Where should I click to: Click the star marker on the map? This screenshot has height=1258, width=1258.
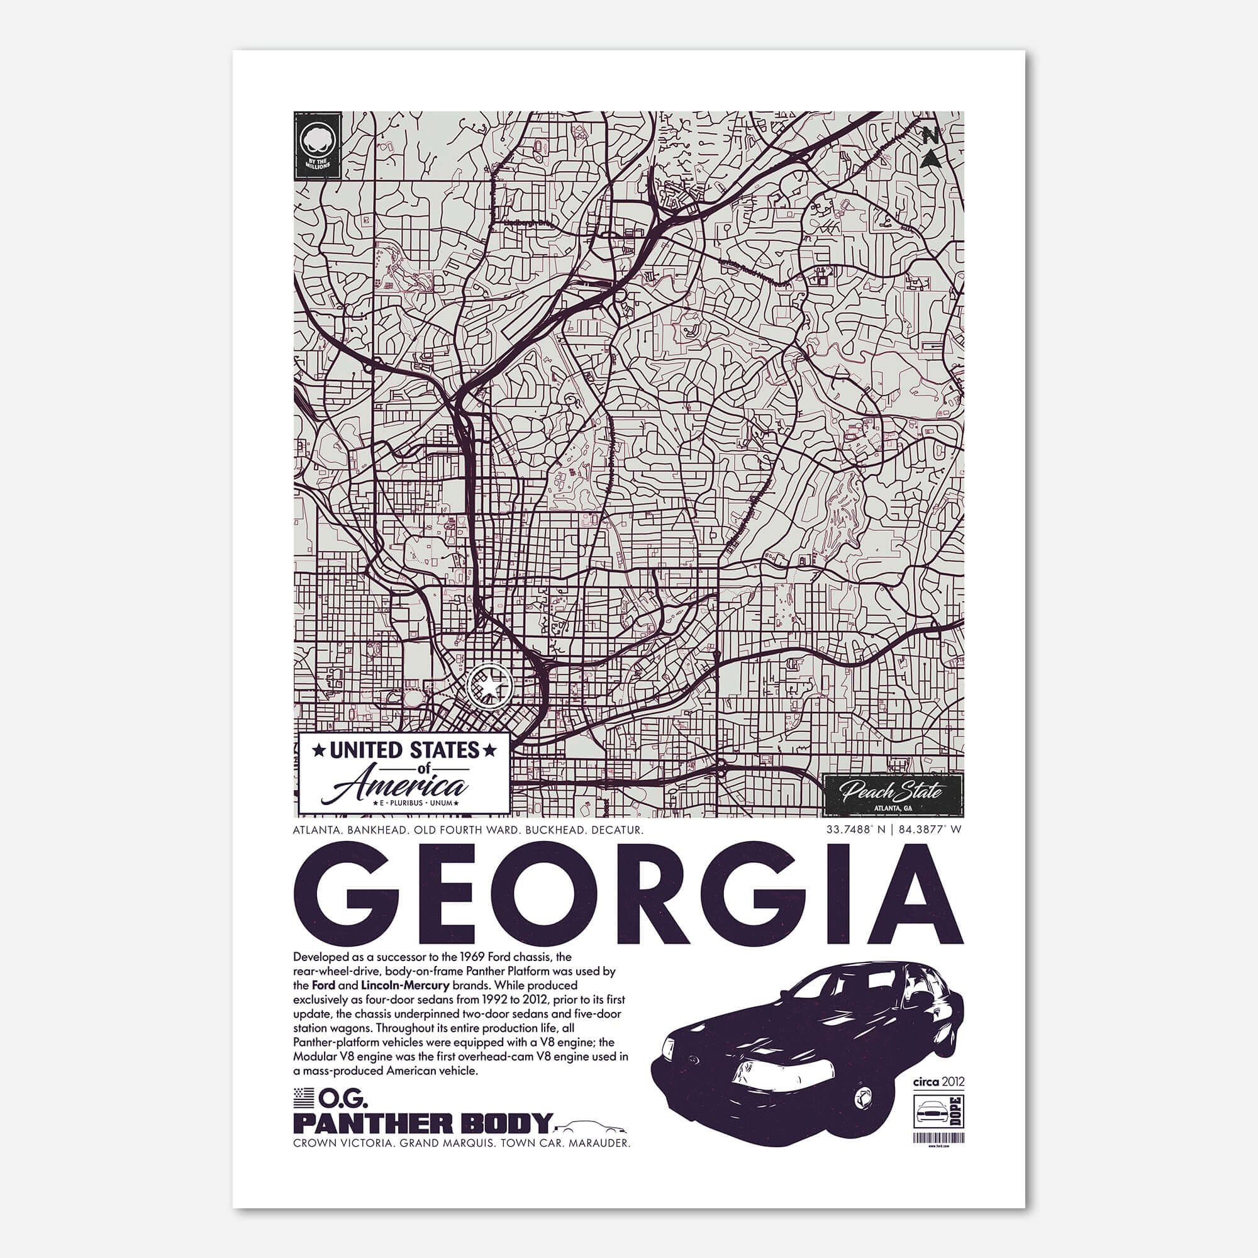coord(487,686)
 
